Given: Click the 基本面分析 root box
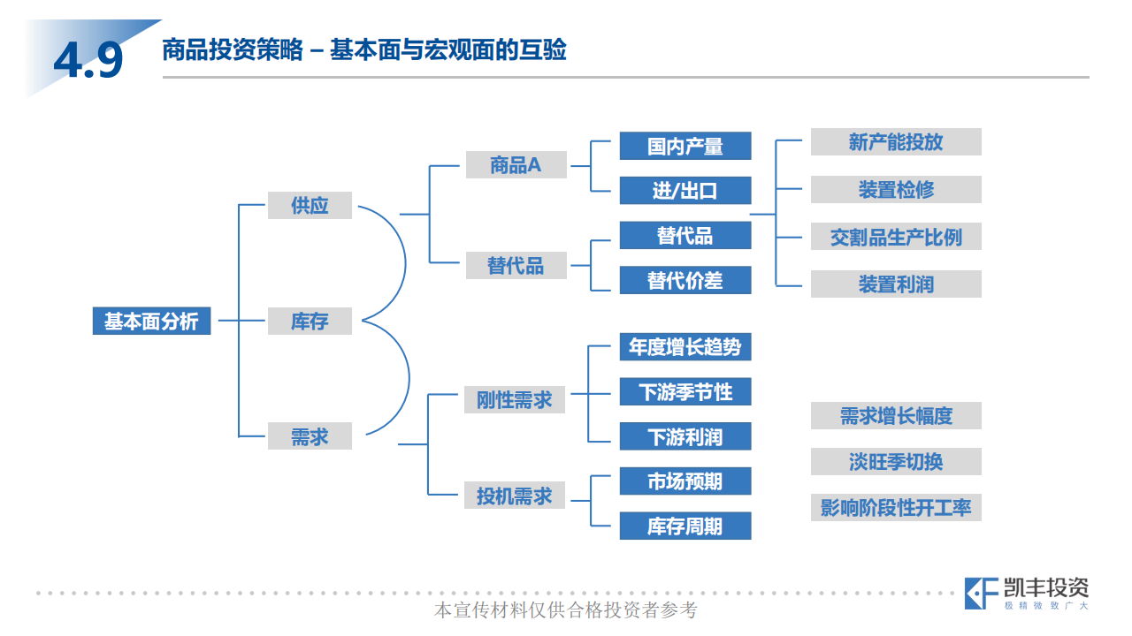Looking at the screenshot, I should pyautogui.click(x=151, y=321).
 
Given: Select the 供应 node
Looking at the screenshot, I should pyautogui.click(x=310, y=206).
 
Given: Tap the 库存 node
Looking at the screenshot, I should pyautogui.click(x=310, y=321).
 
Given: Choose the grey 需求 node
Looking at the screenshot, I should pyautogui.click(x=310, y=435).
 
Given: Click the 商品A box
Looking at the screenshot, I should pyautogui.click(x=516, y=164).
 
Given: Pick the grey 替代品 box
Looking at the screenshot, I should pyautogui.click(x=516, y=265).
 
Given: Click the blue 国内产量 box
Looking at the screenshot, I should pyautogui.click(x=685, y=146).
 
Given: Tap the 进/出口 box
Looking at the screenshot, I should pyautogui.click(x=685, y=191).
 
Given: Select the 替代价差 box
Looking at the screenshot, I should pyautogui.click(x=685, y=280).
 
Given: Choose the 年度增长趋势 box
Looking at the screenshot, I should pyautogui.click(x=685, y=346).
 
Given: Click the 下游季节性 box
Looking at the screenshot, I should pyautogui.click(x=685, y=391).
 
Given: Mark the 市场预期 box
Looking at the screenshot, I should pyautogui.click(x=685, y=481).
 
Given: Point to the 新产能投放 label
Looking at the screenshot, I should pyautogui.click(x=896, y=142).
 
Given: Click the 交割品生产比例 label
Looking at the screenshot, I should pyautogui.click(x=896, y=237).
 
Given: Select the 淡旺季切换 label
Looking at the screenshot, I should pyautogui.click(x=896, y=461).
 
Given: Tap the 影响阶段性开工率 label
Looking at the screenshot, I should pyautogui.click(x=896, y=507).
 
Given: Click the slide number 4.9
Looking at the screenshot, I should pyautogui.click(x=88, y=60).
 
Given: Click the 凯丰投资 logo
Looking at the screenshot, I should pyautogui.click(x=1026, y=593).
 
